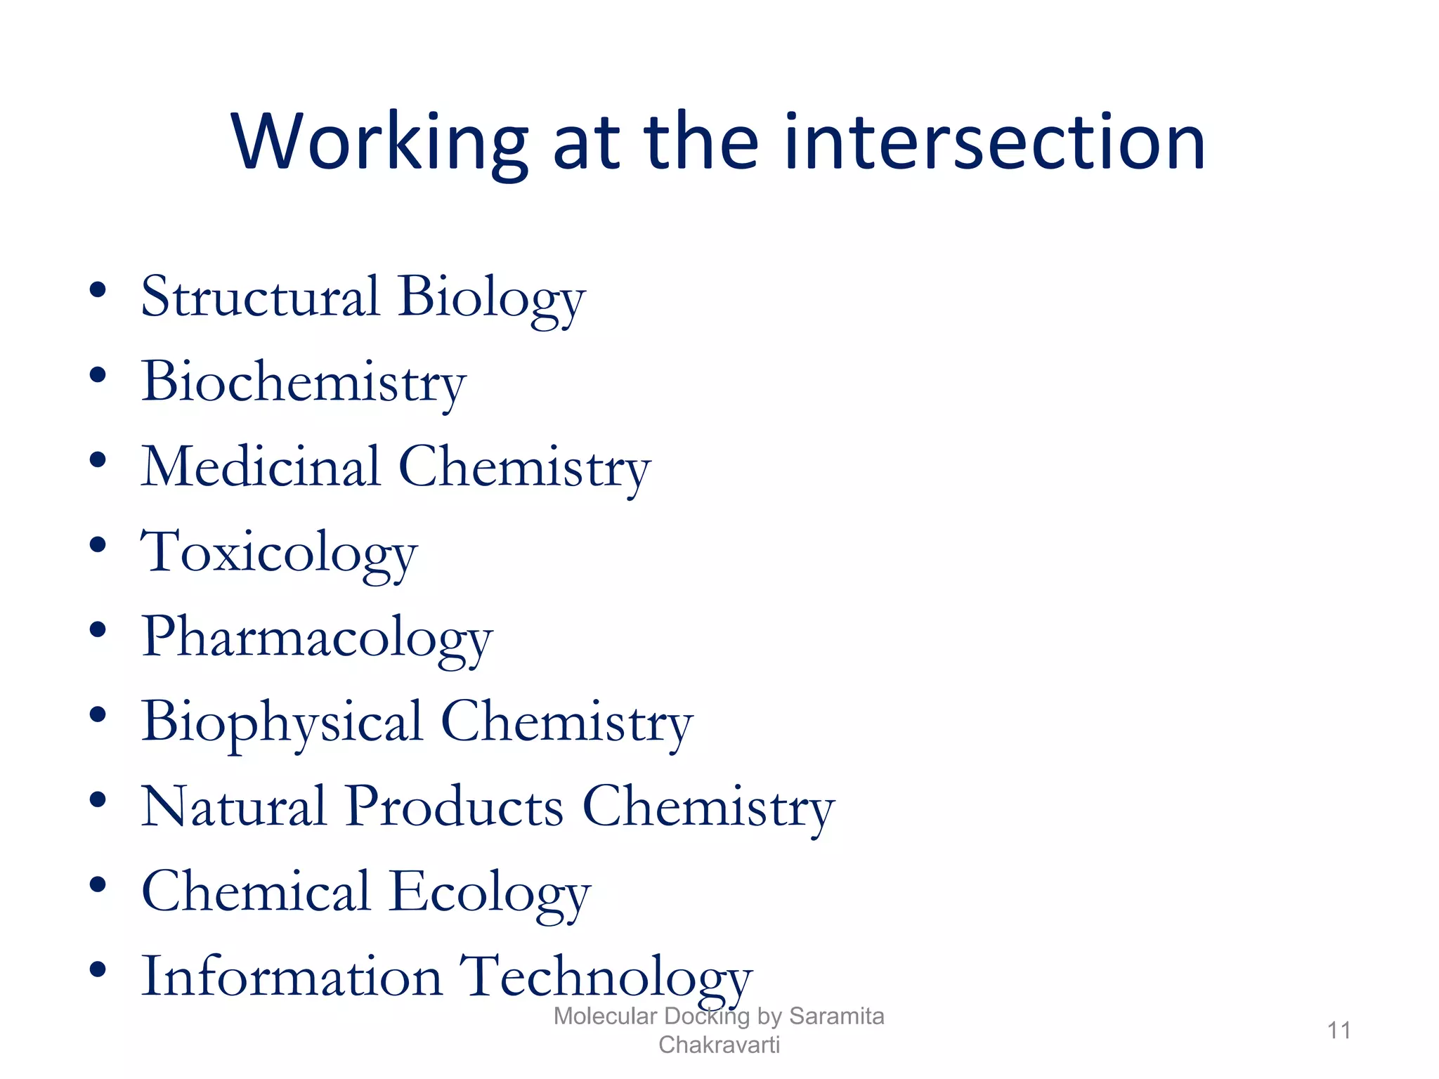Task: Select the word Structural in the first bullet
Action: [x=261, y=296]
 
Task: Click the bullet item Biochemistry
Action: [x=304, y=382]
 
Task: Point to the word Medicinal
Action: [x=261, y=467]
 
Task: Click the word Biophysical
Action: [x=282, y=723]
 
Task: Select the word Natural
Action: [x=234, y=807]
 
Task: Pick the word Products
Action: [x=455, y=807]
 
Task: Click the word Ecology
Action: [x=490, y=893]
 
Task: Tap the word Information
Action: [x=292, y=976]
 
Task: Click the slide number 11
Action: [x=1339, y=1031]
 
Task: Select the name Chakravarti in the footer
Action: [x=719, y=1045]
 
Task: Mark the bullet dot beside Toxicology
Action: [x=98, y=544]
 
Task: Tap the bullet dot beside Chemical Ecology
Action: [x=98, y=884]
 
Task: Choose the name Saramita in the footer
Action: [x=836, y=1016]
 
